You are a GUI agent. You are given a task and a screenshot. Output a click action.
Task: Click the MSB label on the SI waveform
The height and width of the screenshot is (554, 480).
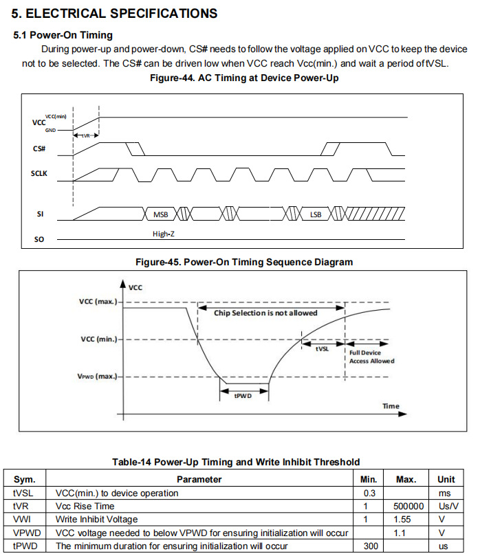click(x=161, y=214)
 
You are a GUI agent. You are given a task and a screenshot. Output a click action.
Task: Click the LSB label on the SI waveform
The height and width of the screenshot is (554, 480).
click(x=316, y=214)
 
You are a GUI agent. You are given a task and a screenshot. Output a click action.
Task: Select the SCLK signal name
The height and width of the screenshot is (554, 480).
click(x=41, y=174)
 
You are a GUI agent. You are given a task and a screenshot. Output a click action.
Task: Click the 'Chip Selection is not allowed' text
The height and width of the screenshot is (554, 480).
click(x=265, y=313)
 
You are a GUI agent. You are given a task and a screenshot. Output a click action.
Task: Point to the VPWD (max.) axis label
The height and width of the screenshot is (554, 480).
click(x=97, y=377)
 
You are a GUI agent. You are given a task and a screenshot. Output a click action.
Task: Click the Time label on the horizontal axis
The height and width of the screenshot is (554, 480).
click(x=391, y=406)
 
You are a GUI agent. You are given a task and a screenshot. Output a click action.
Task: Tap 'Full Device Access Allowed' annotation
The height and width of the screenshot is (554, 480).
click(x=372, y=357)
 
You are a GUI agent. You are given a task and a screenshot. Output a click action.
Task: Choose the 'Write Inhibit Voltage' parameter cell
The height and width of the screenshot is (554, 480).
click(x=96, y=518)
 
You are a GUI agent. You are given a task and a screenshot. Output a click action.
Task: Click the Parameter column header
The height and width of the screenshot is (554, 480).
click(x=199, y=479)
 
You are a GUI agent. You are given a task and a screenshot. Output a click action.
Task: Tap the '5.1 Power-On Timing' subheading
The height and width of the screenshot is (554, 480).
click(x=63, y=35)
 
